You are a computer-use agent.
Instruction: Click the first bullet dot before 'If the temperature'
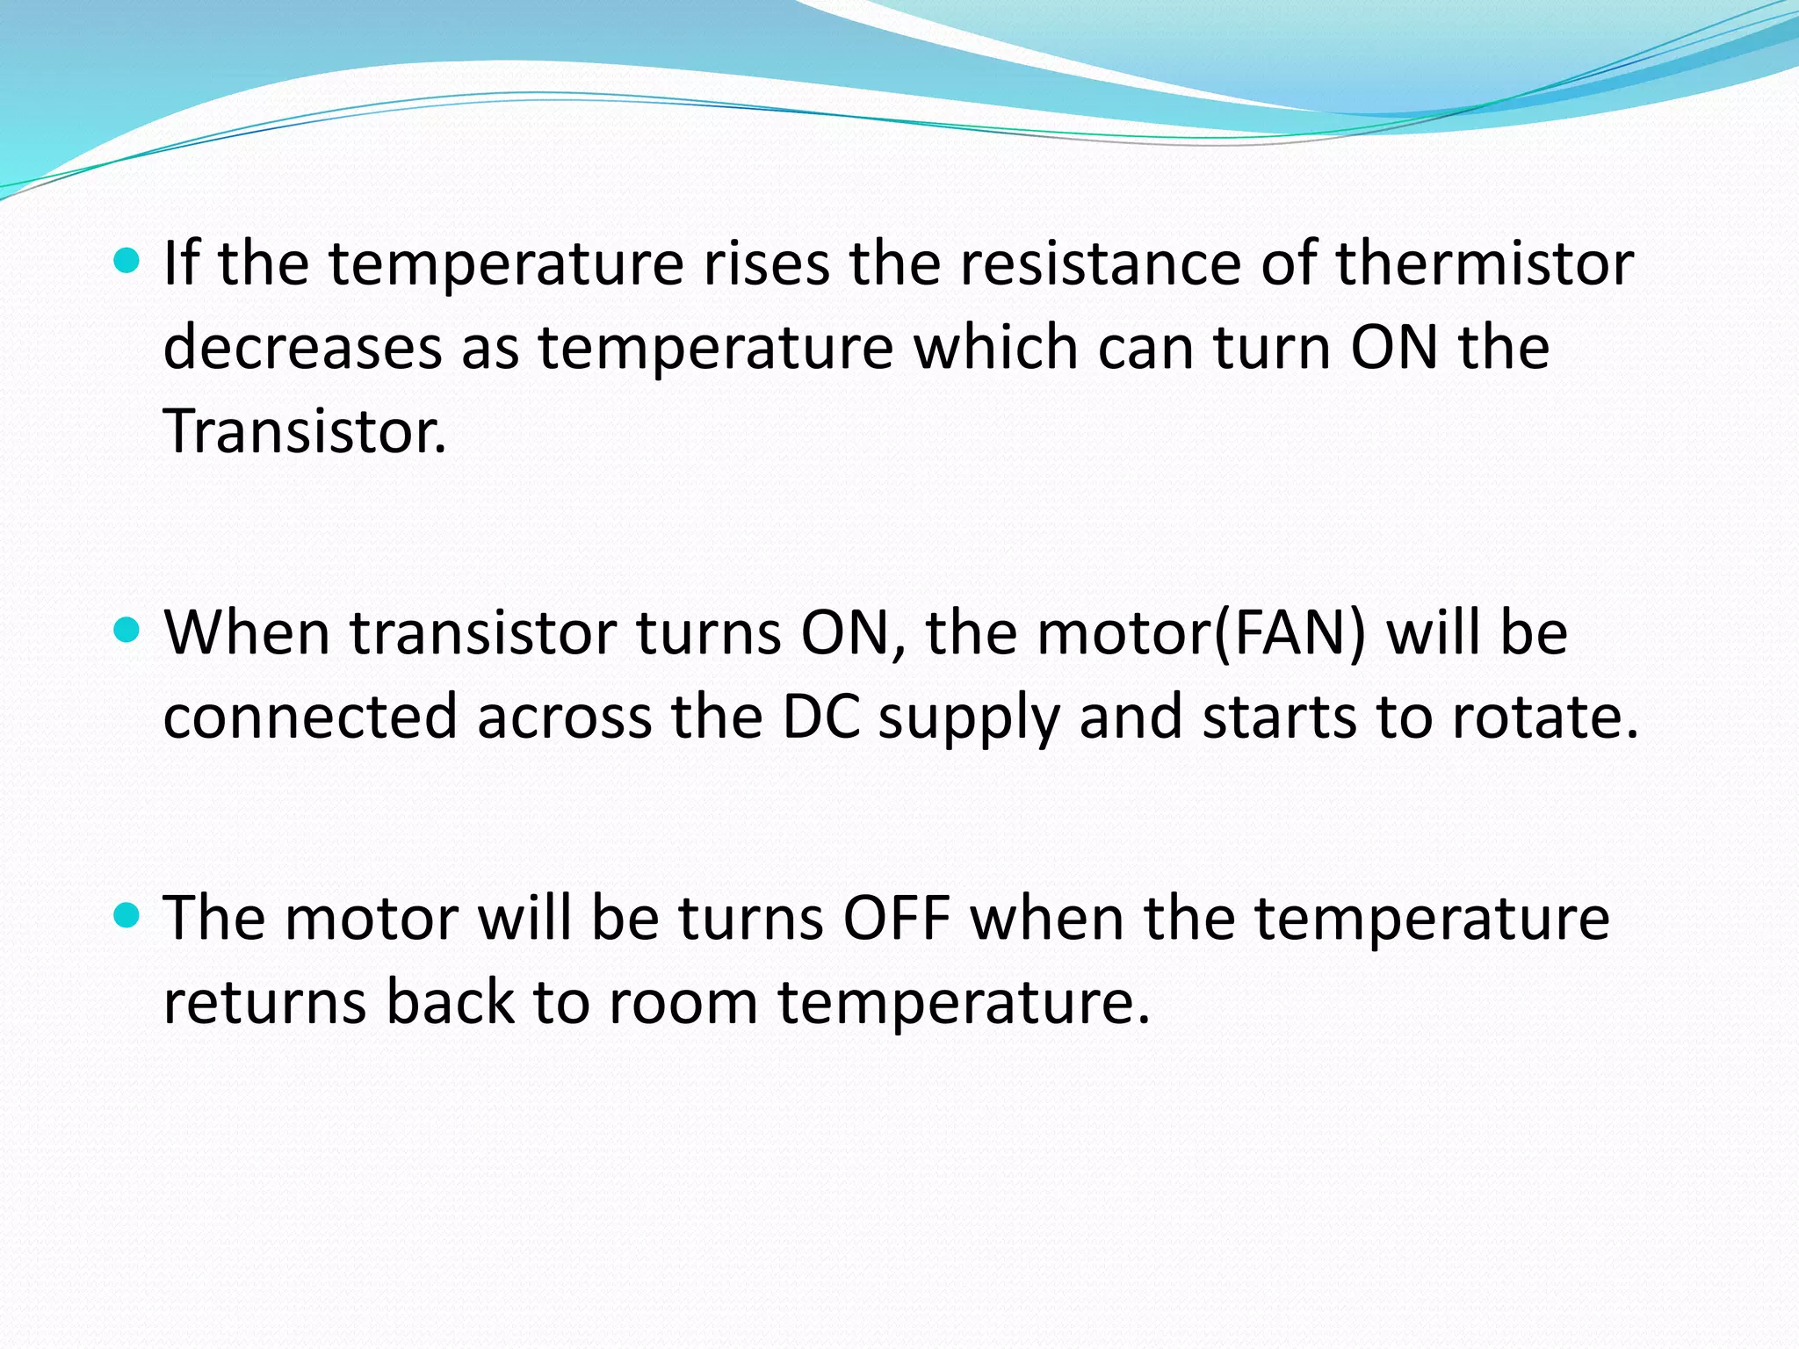(127, 261)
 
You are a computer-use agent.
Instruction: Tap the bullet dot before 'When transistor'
(127, 630)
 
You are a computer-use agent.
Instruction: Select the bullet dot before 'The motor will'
(127, 916)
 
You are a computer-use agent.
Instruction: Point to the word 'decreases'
(302, 348)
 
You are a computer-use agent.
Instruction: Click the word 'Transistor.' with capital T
(305, 432)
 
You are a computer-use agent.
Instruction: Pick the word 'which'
(995, 348)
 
